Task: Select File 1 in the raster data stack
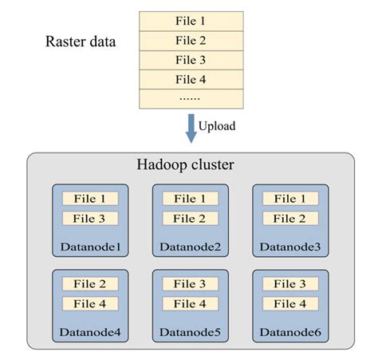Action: click(x=191, y=21)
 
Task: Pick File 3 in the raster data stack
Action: click(x=191, y=60)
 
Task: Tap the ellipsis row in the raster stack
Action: click(x=191, y=99)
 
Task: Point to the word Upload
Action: click(x=217, y=126)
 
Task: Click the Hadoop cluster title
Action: click(x=190, y=166)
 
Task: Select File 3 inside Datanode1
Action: click(x=89, y=219)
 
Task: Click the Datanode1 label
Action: click(x=89, y=248)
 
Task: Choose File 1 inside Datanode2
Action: click(x=189, y=199)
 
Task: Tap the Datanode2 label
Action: click(x=190, y=248)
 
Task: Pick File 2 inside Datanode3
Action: click(x=289, y=219)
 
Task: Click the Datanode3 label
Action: click(x=289, y=248)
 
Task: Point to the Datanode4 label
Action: click(x=89, y=333)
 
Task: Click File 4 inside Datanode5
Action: click(x=189, y=304)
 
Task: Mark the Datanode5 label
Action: click(x=190, y=333)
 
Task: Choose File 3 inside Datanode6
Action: click(x=289, y=284)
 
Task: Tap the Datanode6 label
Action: click(x=289, y=333)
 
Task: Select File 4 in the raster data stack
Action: click(x=191, y=80)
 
